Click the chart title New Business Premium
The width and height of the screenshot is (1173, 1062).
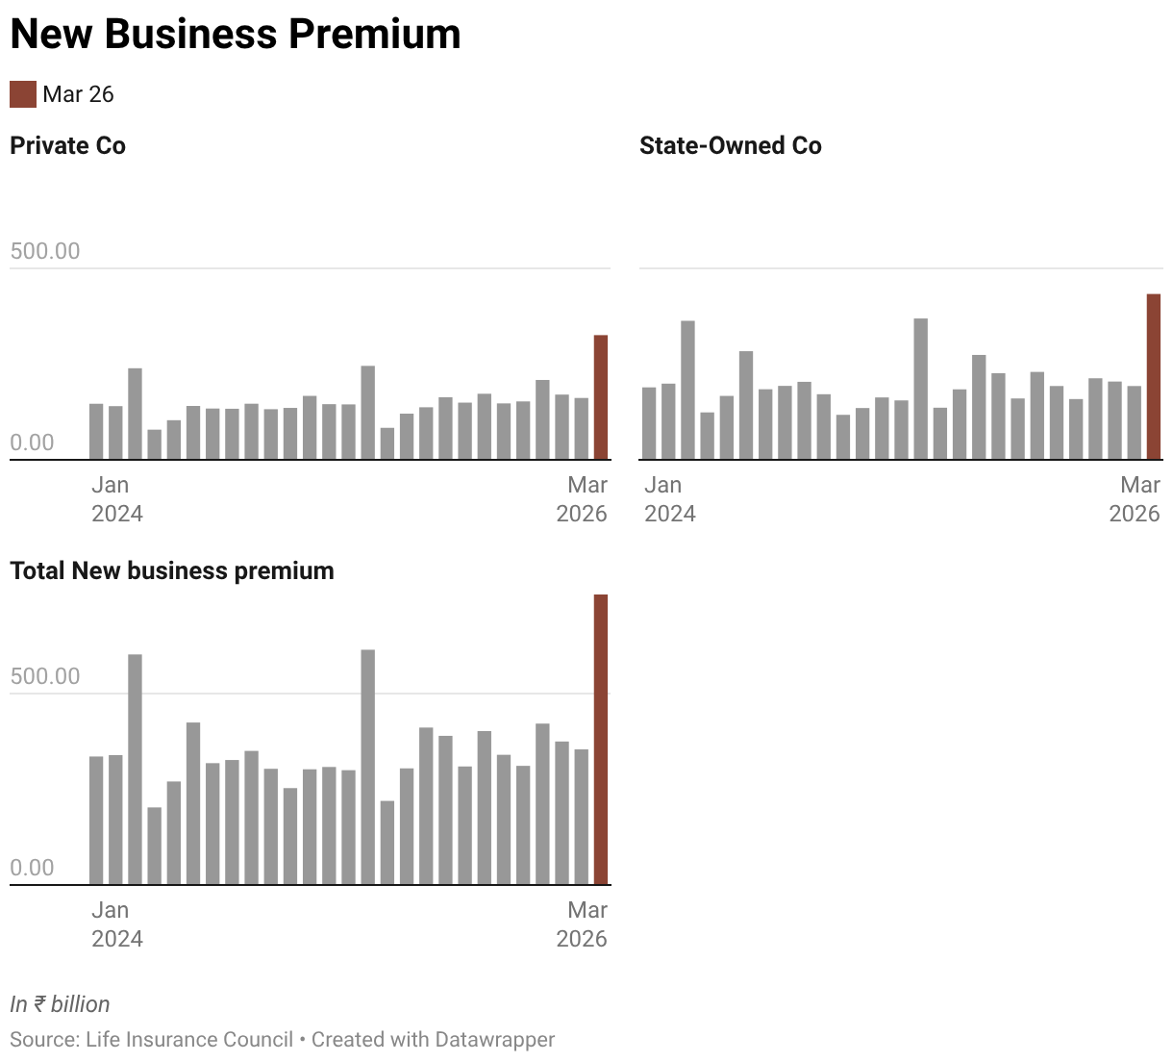click(x=236, y=35)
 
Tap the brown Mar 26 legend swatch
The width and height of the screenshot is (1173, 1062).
click(x=23, y=94)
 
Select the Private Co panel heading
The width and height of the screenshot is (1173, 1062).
click(x=67, y=146)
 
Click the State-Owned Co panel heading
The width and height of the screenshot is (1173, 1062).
click(x=730, y=146)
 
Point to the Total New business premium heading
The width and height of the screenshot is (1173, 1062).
click(x=172, y=571)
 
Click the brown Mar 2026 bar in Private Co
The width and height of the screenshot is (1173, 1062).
click(x=601, y=397)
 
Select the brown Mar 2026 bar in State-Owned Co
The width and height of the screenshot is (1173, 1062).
click(x=1154, y=377)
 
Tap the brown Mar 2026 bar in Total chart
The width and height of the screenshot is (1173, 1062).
click(x=601, y=740)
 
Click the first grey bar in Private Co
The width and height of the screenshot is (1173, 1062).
click(x=96, y=432)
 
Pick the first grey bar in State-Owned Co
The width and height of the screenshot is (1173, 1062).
click(x=649, y=423)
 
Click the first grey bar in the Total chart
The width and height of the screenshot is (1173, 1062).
click(x=96, y=821)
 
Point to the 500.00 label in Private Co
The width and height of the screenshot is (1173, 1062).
click(x=45, y=252)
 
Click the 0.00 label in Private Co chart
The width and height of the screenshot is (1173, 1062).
click(x=32, y=442)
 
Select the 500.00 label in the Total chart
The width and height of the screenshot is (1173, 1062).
click(x=45, y=677)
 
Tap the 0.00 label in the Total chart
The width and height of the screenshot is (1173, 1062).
click(x=32, y=868)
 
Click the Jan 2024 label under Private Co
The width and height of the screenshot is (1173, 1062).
click(x=116, y=499)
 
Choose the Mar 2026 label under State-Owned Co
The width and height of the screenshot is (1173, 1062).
click(x=1135, y=499)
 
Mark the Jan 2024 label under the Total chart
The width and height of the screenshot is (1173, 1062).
click(x=116, y=924)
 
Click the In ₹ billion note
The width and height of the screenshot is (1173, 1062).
click(x=60, y=1004)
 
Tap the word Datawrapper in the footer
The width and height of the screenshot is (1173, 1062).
click(x=494, y=1040)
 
